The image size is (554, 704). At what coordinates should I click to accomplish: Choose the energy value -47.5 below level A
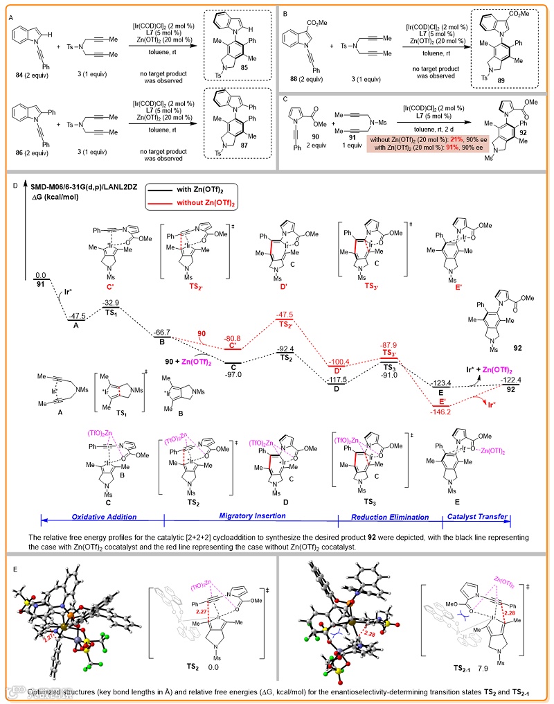78,315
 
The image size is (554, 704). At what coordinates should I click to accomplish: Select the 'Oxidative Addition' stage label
100,518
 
